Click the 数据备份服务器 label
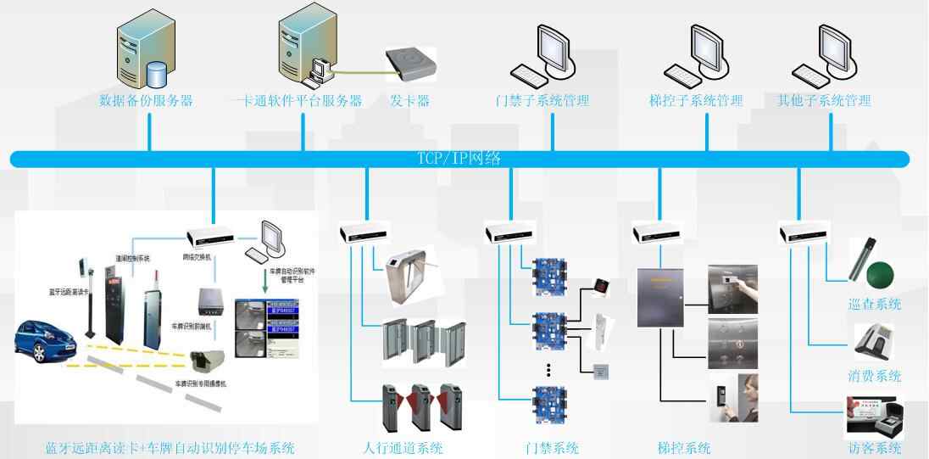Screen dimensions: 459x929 [x=146, y=101]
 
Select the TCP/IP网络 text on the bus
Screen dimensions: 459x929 [x=459, y=159]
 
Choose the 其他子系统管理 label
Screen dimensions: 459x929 [x=824, y=101]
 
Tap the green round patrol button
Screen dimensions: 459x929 [x=879, y=273]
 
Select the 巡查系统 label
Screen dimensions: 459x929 [x=874, y=305]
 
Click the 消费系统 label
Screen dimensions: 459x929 [x=874, y=377]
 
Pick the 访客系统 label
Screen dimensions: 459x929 [x=874, y=449]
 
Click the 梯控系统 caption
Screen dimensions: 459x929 [x=683, y=448]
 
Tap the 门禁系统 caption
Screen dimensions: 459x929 [x=552, y=448]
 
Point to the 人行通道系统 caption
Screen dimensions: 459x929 [x=403, y=448]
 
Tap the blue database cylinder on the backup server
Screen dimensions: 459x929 [x=155, y=75]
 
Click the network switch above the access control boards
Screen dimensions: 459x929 [x=507, y=232]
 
